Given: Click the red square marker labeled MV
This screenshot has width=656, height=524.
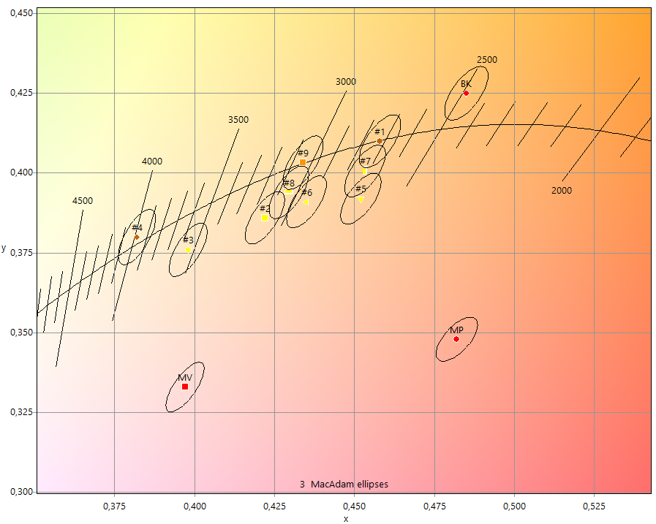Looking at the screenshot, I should [185, 387].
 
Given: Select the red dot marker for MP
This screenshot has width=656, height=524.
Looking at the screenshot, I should [456, 339].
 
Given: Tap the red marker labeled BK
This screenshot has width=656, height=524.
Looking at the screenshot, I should [466, 93].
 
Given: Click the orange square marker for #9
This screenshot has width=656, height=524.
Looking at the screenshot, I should [303, 162].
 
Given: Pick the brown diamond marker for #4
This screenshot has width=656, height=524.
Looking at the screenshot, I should [137, 237].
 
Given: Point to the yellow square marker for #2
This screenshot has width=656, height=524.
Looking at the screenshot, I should [264, 218].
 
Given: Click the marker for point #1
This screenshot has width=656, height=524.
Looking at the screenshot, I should [379, 141].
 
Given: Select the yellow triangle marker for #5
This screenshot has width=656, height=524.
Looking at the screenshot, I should [361, 200].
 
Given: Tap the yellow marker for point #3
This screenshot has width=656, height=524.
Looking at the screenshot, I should [188, 250].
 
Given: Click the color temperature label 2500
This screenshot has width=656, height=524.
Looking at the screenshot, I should [487, 60].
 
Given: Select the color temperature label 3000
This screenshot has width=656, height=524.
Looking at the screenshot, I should [346, 82].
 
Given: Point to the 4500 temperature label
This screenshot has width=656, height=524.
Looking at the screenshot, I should [83, 201].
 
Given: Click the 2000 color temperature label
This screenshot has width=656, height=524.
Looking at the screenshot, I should [562, 191].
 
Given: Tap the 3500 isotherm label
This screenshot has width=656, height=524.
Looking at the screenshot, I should [238, 120].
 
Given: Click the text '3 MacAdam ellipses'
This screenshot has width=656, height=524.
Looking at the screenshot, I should [344, 485].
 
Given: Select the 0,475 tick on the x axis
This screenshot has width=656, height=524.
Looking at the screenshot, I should [434, 505].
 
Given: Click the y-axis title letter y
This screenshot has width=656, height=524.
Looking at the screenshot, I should [4, 249].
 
